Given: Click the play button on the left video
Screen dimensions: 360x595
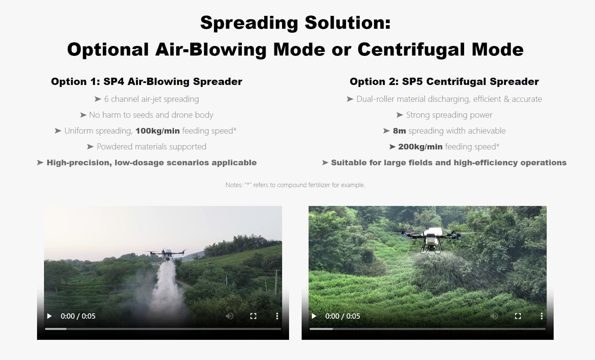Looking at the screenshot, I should (50, 316).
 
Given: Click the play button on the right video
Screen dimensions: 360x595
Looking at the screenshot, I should (314, 316).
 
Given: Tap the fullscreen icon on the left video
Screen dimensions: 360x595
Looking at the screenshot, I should (253, 316).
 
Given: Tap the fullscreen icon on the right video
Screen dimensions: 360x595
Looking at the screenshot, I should (518, 316).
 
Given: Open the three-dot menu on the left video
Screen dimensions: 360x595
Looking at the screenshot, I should (277, 316).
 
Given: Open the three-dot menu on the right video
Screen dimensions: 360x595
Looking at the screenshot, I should (541, 316).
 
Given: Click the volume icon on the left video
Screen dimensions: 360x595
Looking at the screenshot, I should (229, 316).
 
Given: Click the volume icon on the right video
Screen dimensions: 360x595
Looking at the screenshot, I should (494, 316).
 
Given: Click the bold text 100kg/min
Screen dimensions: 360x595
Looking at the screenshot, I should (157, 131).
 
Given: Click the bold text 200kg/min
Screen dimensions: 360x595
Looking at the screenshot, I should (420, 147).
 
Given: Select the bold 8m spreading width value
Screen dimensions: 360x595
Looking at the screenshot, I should (399, 131).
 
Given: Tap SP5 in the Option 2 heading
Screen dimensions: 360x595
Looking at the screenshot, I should (412, 82).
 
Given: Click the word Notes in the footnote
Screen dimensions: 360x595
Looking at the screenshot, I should (234, 185).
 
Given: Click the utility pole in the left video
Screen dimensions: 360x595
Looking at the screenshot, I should (276, 281).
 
